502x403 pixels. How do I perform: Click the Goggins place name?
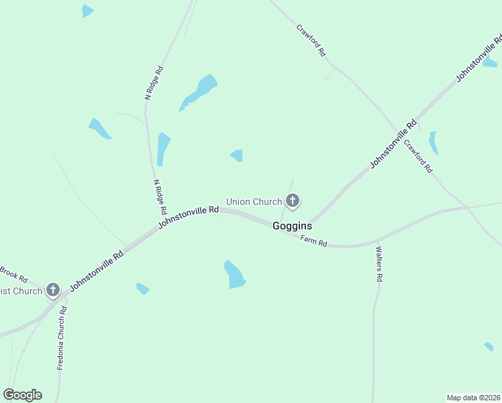[292, 226]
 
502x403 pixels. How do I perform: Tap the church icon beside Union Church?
[293, 200]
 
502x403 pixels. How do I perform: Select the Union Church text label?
[254, 201]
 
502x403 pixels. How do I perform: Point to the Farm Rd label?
[313, 241]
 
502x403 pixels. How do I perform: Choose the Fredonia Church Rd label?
[62, 338]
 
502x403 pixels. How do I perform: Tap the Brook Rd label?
[13, 273]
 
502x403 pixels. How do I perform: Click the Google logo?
[22, 395]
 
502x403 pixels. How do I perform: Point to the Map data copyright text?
[474, 397]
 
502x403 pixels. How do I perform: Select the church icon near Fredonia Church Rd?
[53, 290]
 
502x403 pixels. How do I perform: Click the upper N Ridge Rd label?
[154, 83]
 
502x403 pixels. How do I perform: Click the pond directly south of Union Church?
[234, 274]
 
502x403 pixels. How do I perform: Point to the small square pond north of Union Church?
[237, 156]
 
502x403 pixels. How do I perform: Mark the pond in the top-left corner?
[87, 11]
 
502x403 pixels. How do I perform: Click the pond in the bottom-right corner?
[489, 347]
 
